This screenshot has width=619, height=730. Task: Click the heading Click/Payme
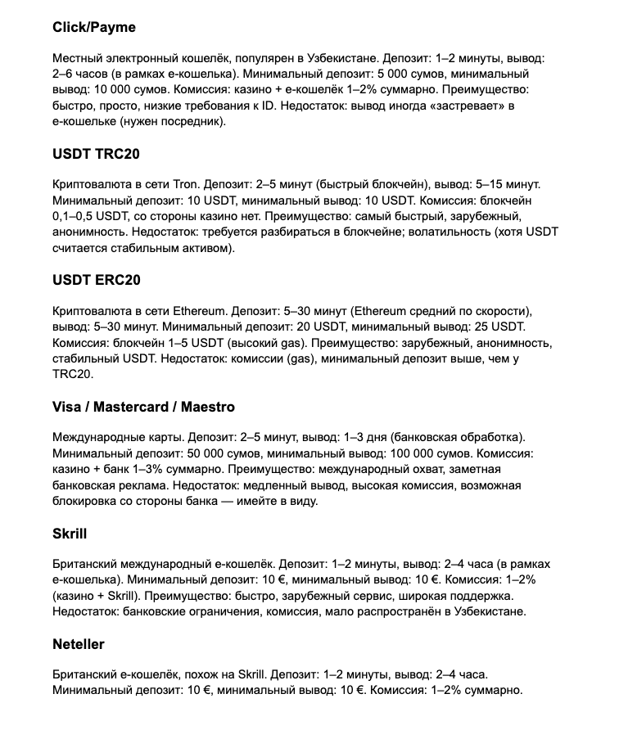(94, 27)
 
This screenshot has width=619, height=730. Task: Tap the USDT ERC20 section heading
(97, 280)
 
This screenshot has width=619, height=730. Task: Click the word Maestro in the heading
(206, 407)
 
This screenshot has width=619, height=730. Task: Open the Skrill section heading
(70, 534)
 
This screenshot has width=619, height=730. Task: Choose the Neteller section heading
(79, 644)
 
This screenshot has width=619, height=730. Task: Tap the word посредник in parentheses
(185, 121)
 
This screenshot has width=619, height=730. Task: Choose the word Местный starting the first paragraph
(78, 59)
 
